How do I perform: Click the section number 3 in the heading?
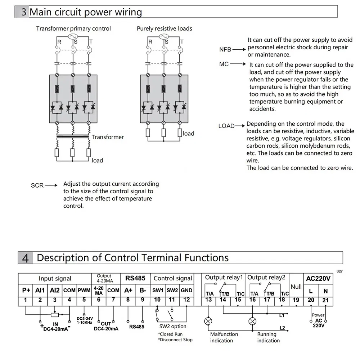coord(23,12)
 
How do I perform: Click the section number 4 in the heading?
coord(25,258)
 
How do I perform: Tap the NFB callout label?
coord(225,49)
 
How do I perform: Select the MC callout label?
coord(224,64)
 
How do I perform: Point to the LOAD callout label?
coord(226,126)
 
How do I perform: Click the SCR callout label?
coord(37,185)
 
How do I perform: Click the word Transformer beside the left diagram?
coord(107,137)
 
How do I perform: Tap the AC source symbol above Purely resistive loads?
coord(164,37)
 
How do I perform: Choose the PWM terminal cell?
coord(84,290)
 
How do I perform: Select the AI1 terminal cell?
coord(40,290)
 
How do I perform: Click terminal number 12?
coord(186,300)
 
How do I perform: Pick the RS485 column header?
coord(135,278)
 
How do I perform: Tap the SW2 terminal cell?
coord(172,290)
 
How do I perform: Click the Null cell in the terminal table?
coord(296,287)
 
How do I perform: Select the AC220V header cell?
coord(318,278)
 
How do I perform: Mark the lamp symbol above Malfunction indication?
coord(208,321)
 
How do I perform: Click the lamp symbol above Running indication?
coord(253,321)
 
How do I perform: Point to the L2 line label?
coord(282,328)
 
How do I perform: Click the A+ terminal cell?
coord(128,290)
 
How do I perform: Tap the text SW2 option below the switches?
coord(173,326)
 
